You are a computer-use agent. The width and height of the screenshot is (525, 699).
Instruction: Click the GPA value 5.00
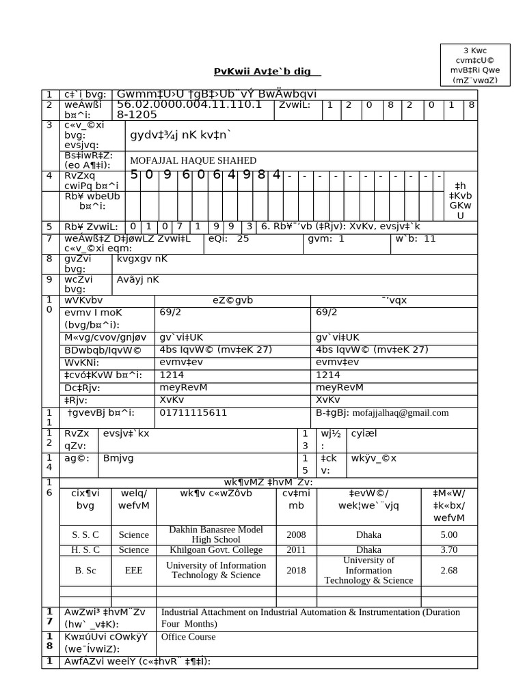[x=449, y=534]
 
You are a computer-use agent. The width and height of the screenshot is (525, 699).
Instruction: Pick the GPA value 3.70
[x=449, y=550]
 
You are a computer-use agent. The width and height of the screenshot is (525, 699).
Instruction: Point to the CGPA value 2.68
[x=449, y=570]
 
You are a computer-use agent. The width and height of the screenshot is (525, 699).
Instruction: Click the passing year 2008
[x=297, y=534]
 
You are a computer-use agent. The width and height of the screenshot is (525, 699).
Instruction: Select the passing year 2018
[x=297, y=570]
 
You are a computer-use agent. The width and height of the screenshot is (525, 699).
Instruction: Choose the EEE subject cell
[x=134, y=570]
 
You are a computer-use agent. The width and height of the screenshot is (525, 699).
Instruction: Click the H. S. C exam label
[x=85, y=550]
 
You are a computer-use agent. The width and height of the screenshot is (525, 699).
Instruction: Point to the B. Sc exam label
[x=85, y=570]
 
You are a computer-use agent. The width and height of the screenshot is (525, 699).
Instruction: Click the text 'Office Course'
[x=188, y=637]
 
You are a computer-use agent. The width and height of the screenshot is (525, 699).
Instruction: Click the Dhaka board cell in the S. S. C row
[x=368, y=534]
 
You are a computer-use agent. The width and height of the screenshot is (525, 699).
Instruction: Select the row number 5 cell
[x=49, y=227]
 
